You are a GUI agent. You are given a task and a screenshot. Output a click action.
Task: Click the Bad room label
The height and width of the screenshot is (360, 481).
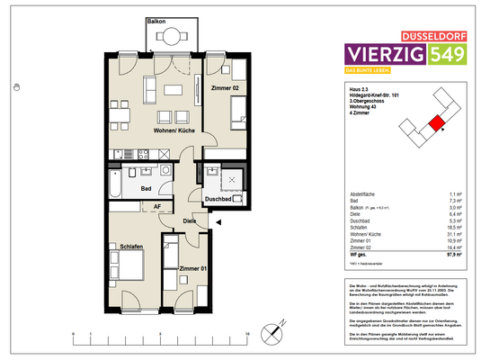pos(146,188)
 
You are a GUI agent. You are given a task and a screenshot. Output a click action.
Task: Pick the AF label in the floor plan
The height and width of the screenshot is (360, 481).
pos(156,206)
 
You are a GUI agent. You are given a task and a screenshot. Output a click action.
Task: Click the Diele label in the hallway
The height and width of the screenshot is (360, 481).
pos(191,220)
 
